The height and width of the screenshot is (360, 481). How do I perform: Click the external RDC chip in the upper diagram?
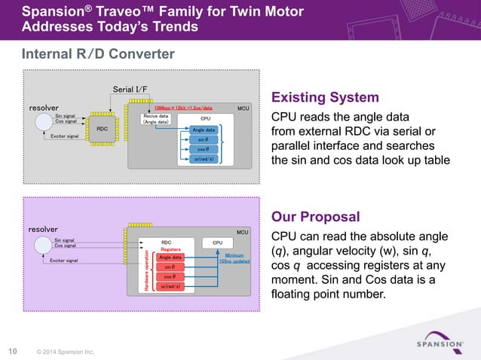click(x=102, y=129)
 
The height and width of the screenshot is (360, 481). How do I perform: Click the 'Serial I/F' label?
click(x=130, y=90)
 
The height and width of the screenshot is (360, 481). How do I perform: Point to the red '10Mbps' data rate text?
click(x=184, y=108)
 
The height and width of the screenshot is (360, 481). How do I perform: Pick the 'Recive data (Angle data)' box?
click(x=156, y=120)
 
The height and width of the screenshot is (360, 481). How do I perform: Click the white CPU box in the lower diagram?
click(x=217, y=243)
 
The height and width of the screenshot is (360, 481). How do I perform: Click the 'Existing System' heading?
click(x=324, y=99)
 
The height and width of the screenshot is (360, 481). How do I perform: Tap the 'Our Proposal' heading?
click(x=315, y=217)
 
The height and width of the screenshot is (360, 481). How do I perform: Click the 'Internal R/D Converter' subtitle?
click(x=98, y=54)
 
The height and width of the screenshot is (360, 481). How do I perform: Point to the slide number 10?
click(x=13, y=350)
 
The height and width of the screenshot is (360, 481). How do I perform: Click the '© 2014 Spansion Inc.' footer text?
click(x=65, y=351)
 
